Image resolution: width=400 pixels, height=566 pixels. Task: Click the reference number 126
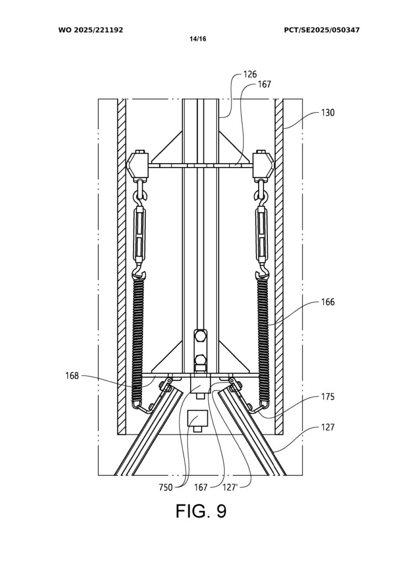pyautogui.click(x=250, y=75)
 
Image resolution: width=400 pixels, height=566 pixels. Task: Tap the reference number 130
pyautogui.click(x=328, y=113)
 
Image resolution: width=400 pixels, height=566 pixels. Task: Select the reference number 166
pyautogui.click(x=328, y=302)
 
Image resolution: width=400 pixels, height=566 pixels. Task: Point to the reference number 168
pyautogui.click(x=72, y=376)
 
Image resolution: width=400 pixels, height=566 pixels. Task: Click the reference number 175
pyautogui.click(x=328, y=397)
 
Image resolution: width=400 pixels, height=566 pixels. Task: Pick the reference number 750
pyautogui.click(x=166, y=488)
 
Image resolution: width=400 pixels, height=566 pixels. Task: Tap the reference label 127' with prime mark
pyautogui.click(x=230, y=488)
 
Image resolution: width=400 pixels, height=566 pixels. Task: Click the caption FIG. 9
pyautogui.click(x=201, y=511)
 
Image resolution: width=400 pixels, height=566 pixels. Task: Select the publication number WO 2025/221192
pyautogui.click(x=91, y=30)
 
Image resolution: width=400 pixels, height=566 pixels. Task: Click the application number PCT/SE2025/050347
pyautogui.click(x=322, y=30)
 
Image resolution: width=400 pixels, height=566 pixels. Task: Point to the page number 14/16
pyautogui.click(x=198, y=39)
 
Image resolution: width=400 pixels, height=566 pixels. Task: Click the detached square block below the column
pyautogui.click(x=197, y=420)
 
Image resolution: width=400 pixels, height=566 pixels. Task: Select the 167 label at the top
pyautogui.click(x=264, y=85)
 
